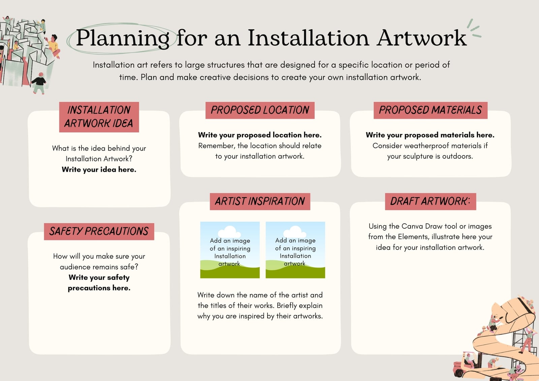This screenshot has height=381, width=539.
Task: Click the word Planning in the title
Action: pos(123,38)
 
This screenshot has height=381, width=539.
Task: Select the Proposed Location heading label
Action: pos(260,110)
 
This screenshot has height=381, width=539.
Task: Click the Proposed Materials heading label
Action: pos(431,110)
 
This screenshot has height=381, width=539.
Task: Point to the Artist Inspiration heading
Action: pos(260,201)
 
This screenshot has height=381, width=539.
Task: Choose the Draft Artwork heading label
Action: pos(431,201)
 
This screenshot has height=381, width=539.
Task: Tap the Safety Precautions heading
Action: pos(99,231)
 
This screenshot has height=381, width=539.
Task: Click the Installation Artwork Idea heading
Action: pos(99,117)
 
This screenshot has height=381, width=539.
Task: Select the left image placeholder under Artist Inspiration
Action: pos(230,250)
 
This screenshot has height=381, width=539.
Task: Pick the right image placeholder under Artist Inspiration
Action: pos(295,250)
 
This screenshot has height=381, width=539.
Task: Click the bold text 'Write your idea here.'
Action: pos(99,169)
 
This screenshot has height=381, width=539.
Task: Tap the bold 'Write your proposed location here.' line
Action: pos(260,135)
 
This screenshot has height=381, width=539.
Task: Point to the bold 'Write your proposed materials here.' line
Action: pos(430,135)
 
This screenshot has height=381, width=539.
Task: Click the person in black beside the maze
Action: pos(39,83)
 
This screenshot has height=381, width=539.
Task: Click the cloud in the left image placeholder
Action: pos(229,231)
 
